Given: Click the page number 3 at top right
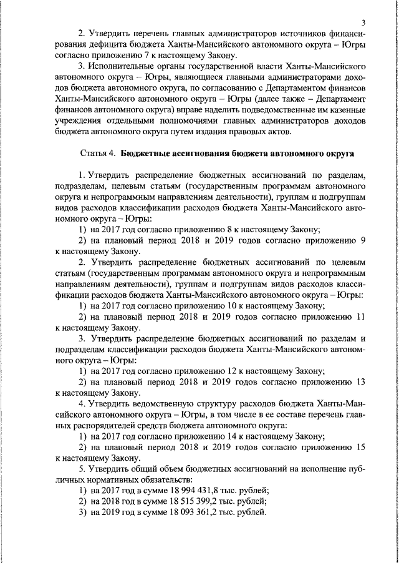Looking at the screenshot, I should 362,21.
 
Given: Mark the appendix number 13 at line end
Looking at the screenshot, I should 360,383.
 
